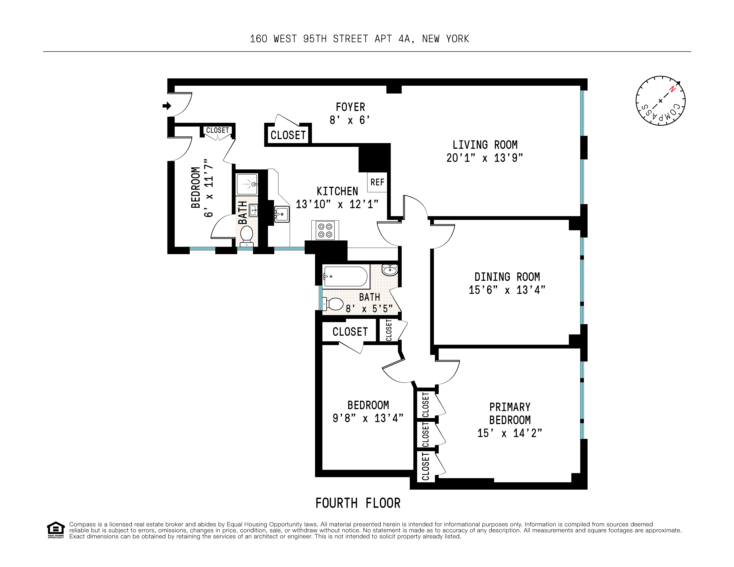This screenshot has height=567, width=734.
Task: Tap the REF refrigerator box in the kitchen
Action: (377, 182)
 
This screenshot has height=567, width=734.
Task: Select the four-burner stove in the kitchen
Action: (325, 231)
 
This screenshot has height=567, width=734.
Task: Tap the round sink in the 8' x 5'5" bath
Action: (390, 270)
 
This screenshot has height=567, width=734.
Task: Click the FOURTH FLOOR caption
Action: (358, 503)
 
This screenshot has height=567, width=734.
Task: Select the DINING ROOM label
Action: (507, 277)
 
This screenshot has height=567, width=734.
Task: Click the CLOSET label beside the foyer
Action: (288, 135)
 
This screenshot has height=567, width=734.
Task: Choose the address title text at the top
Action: (359, 39)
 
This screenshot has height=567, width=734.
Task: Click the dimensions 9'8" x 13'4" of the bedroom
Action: (368, 418)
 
